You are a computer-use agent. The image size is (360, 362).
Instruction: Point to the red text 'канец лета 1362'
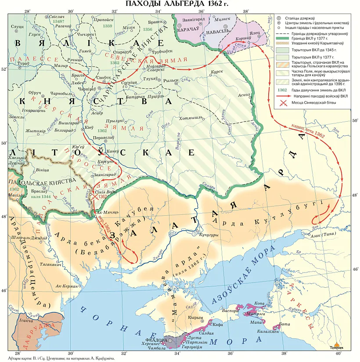[x=307, y=131]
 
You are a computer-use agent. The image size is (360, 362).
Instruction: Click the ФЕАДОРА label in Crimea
[x=155, y=340]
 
